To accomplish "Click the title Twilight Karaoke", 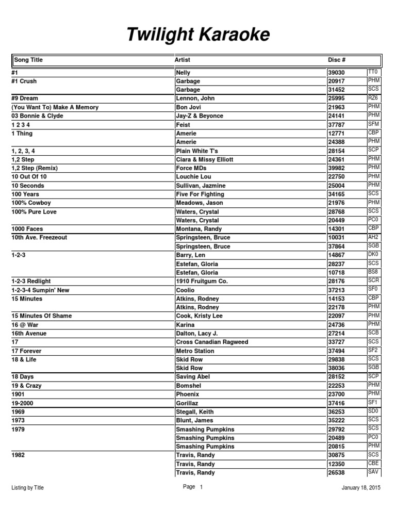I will click(198, 35).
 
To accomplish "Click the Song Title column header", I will click(28, 60).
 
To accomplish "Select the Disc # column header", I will click(338, 60).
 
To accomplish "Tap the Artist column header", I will click(183, 60).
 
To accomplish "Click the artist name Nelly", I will click(184, 73).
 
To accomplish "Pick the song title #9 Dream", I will click(25, 98).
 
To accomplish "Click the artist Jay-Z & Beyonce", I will click(200, 116).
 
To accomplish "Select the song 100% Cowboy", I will click(31, 203).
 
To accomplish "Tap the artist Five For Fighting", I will click(200, 194).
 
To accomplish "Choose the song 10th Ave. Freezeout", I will click(39, 238).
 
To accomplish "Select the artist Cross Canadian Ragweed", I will click(212, 342).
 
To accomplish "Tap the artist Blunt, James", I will click(195, 421).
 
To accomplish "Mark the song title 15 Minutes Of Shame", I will click(42, 316).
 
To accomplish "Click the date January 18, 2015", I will click(361, 488).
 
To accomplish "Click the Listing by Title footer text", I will click(28, 488).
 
